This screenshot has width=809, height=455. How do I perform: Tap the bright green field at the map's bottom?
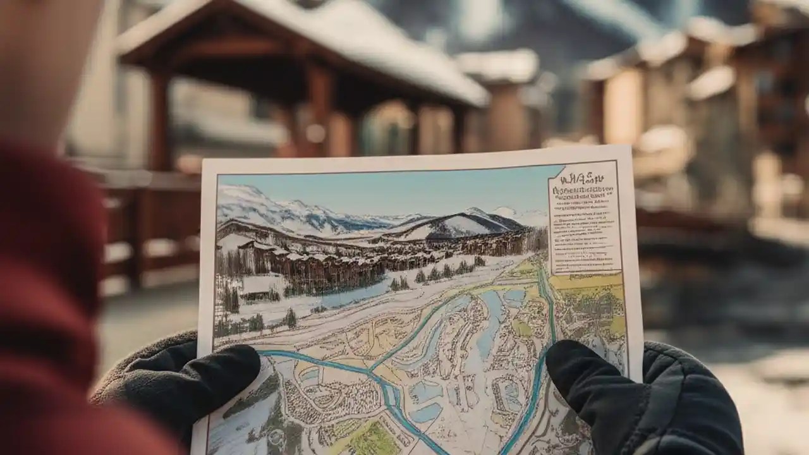coord(373,439)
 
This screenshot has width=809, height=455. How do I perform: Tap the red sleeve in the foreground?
coord(44,284)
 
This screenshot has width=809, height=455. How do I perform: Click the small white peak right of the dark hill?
coord(506,212)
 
